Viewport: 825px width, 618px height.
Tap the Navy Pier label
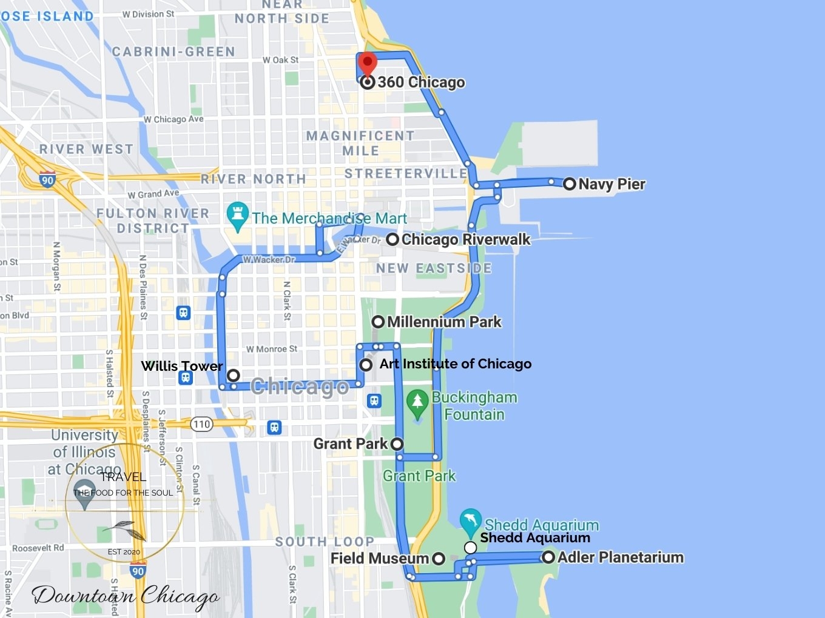coord(611,184)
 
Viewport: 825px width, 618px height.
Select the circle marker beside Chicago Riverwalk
coord(392,239)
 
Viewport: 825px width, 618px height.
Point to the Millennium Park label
coord(444,322)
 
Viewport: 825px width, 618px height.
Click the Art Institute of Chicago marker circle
coord(366,365)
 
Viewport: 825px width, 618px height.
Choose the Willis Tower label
coord(181,366)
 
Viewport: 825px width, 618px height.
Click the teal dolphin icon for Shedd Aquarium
coord(470,520)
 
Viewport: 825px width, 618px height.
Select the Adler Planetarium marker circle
coord(548,557)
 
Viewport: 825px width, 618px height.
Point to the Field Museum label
coord(379,558)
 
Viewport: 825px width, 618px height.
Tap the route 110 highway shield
coord(202,424)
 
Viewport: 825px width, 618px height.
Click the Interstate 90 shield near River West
coord(47,179)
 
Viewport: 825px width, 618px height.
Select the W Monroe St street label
coord(272,349)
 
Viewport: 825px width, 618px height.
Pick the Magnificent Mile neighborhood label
coord(360,143)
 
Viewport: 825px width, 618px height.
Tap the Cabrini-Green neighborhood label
coord(173,52)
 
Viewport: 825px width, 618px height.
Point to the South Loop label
coord(325,542)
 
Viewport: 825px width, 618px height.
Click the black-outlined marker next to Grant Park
coord(397,444)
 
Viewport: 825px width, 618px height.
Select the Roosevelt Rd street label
coord(38,548)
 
